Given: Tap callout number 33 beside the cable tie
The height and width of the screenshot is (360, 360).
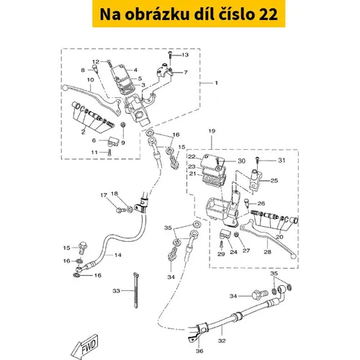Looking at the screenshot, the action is coord(116,291).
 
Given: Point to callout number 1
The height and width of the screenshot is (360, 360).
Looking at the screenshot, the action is coord(216,83).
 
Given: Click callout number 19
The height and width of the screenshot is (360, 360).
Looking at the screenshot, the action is coord(212,131).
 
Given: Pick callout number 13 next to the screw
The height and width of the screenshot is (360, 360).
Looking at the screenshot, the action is coord(185,55).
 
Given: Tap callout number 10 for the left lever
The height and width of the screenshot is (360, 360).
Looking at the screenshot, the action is coord(91,80).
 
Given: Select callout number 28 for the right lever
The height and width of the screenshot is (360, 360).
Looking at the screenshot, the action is coord(267,252).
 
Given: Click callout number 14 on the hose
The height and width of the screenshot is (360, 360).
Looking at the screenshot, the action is coord(118,255).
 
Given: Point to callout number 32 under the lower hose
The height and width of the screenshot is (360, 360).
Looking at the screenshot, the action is coord(222,341).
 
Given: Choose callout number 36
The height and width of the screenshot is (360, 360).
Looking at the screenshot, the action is coord(199,351).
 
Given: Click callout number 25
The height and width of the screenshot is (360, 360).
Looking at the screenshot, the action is coord(274,181).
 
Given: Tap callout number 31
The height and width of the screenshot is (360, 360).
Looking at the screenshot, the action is coord(282,160).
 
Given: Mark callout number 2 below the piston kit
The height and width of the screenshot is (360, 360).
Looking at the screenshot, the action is coord(83,132).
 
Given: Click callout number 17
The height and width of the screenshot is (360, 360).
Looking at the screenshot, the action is coord(104,195).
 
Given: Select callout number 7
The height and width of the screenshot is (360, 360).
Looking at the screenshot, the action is coord(186,72).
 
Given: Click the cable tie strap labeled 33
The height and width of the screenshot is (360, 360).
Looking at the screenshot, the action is coord(136,290).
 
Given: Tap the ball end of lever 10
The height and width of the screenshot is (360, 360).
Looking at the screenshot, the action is coord(64,88).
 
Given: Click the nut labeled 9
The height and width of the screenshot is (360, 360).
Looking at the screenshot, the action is coord(123,125).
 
